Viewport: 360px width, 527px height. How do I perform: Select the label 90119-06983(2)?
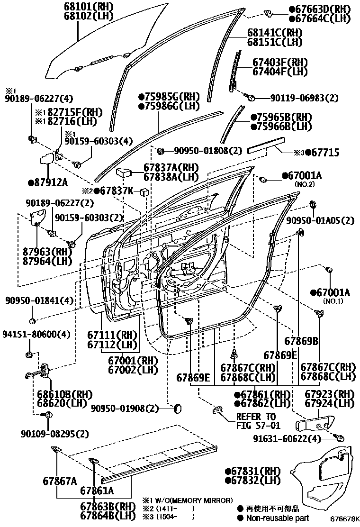click(305, 98)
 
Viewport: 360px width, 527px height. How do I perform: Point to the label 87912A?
click(47, 182)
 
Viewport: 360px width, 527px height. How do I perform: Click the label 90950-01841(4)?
click(40, 300)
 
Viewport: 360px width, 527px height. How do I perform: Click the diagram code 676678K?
click(344, 520)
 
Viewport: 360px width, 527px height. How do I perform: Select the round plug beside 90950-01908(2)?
click(178, 408)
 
